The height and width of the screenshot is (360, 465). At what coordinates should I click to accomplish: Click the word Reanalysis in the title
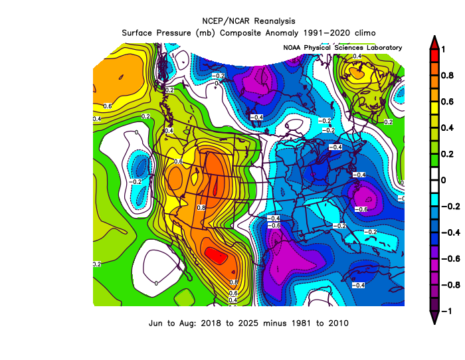click(274, 21)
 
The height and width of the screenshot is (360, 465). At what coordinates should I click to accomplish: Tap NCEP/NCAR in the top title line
click(226, 21)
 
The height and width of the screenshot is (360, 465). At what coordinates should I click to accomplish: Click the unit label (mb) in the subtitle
click(205, 33)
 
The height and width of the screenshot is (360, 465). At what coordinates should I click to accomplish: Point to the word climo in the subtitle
click(365, 33)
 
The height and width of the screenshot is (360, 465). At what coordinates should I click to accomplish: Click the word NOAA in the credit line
click(292, 48)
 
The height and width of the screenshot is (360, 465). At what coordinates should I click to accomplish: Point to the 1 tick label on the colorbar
click(443, 49)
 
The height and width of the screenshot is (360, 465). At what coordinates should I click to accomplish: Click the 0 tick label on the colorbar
click(444, 180)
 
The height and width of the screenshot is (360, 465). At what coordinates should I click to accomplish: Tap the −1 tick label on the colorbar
click(446, 311)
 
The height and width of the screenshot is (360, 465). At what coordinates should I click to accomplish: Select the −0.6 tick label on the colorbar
click(451, 259)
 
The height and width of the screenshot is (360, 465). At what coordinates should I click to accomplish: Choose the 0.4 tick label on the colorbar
click(447, 128)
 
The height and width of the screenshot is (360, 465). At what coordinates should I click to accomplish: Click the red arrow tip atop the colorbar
click(434, 37)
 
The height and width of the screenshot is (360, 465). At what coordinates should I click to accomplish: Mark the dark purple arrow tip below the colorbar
click(434, 323)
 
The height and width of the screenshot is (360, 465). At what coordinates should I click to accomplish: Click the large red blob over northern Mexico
click(216, 255)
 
